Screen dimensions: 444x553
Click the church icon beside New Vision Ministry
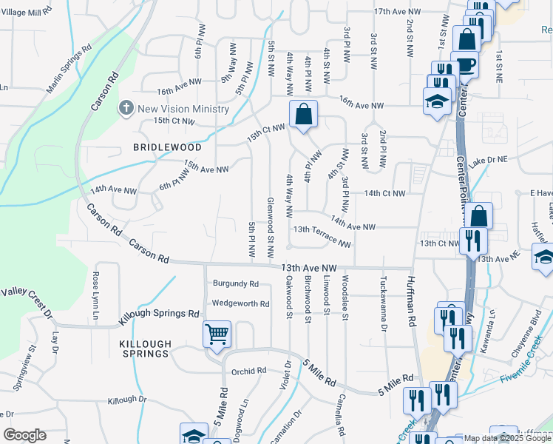click(126, 109)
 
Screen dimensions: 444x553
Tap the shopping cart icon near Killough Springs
click(217, 334)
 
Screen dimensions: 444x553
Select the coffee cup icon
click(466, 64)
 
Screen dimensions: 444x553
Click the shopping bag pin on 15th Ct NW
click(303, 115)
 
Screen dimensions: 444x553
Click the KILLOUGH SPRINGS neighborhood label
click(146, 349)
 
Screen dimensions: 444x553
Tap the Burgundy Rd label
click(236, 283)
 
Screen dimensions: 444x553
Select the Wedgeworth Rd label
click(240, 303)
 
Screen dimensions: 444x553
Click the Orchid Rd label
click(248, 371)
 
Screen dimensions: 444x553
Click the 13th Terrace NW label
click(322, 235)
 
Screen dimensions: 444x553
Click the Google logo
click(24, 435)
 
